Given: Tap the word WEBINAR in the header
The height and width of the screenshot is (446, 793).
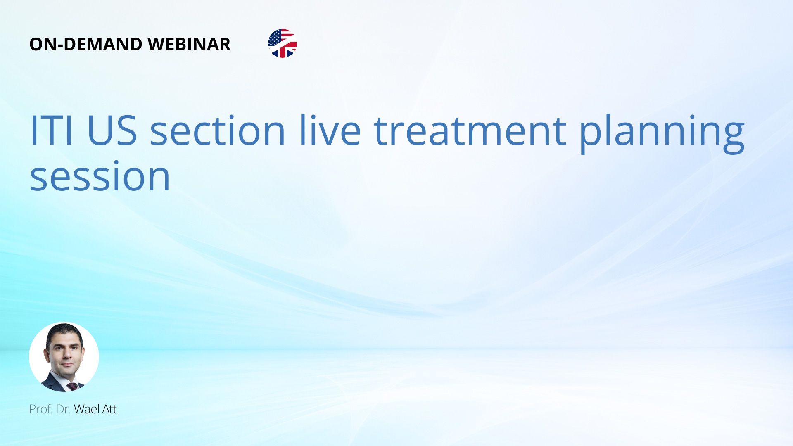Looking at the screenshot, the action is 189,44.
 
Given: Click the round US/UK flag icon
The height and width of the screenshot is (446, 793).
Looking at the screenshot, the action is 283,43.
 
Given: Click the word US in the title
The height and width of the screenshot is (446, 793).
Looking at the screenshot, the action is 112,130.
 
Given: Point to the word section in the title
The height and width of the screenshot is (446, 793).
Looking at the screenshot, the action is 218,130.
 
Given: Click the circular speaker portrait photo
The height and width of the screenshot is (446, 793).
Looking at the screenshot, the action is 64,357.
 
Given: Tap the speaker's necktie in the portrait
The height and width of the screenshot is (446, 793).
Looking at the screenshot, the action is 73,387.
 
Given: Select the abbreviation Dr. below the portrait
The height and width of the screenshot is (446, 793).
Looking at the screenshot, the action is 63,409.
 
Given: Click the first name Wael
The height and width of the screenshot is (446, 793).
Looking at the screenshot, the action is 87,409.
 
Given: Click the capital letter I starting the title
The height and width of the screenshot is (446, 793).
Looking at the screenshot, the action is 33,130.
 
